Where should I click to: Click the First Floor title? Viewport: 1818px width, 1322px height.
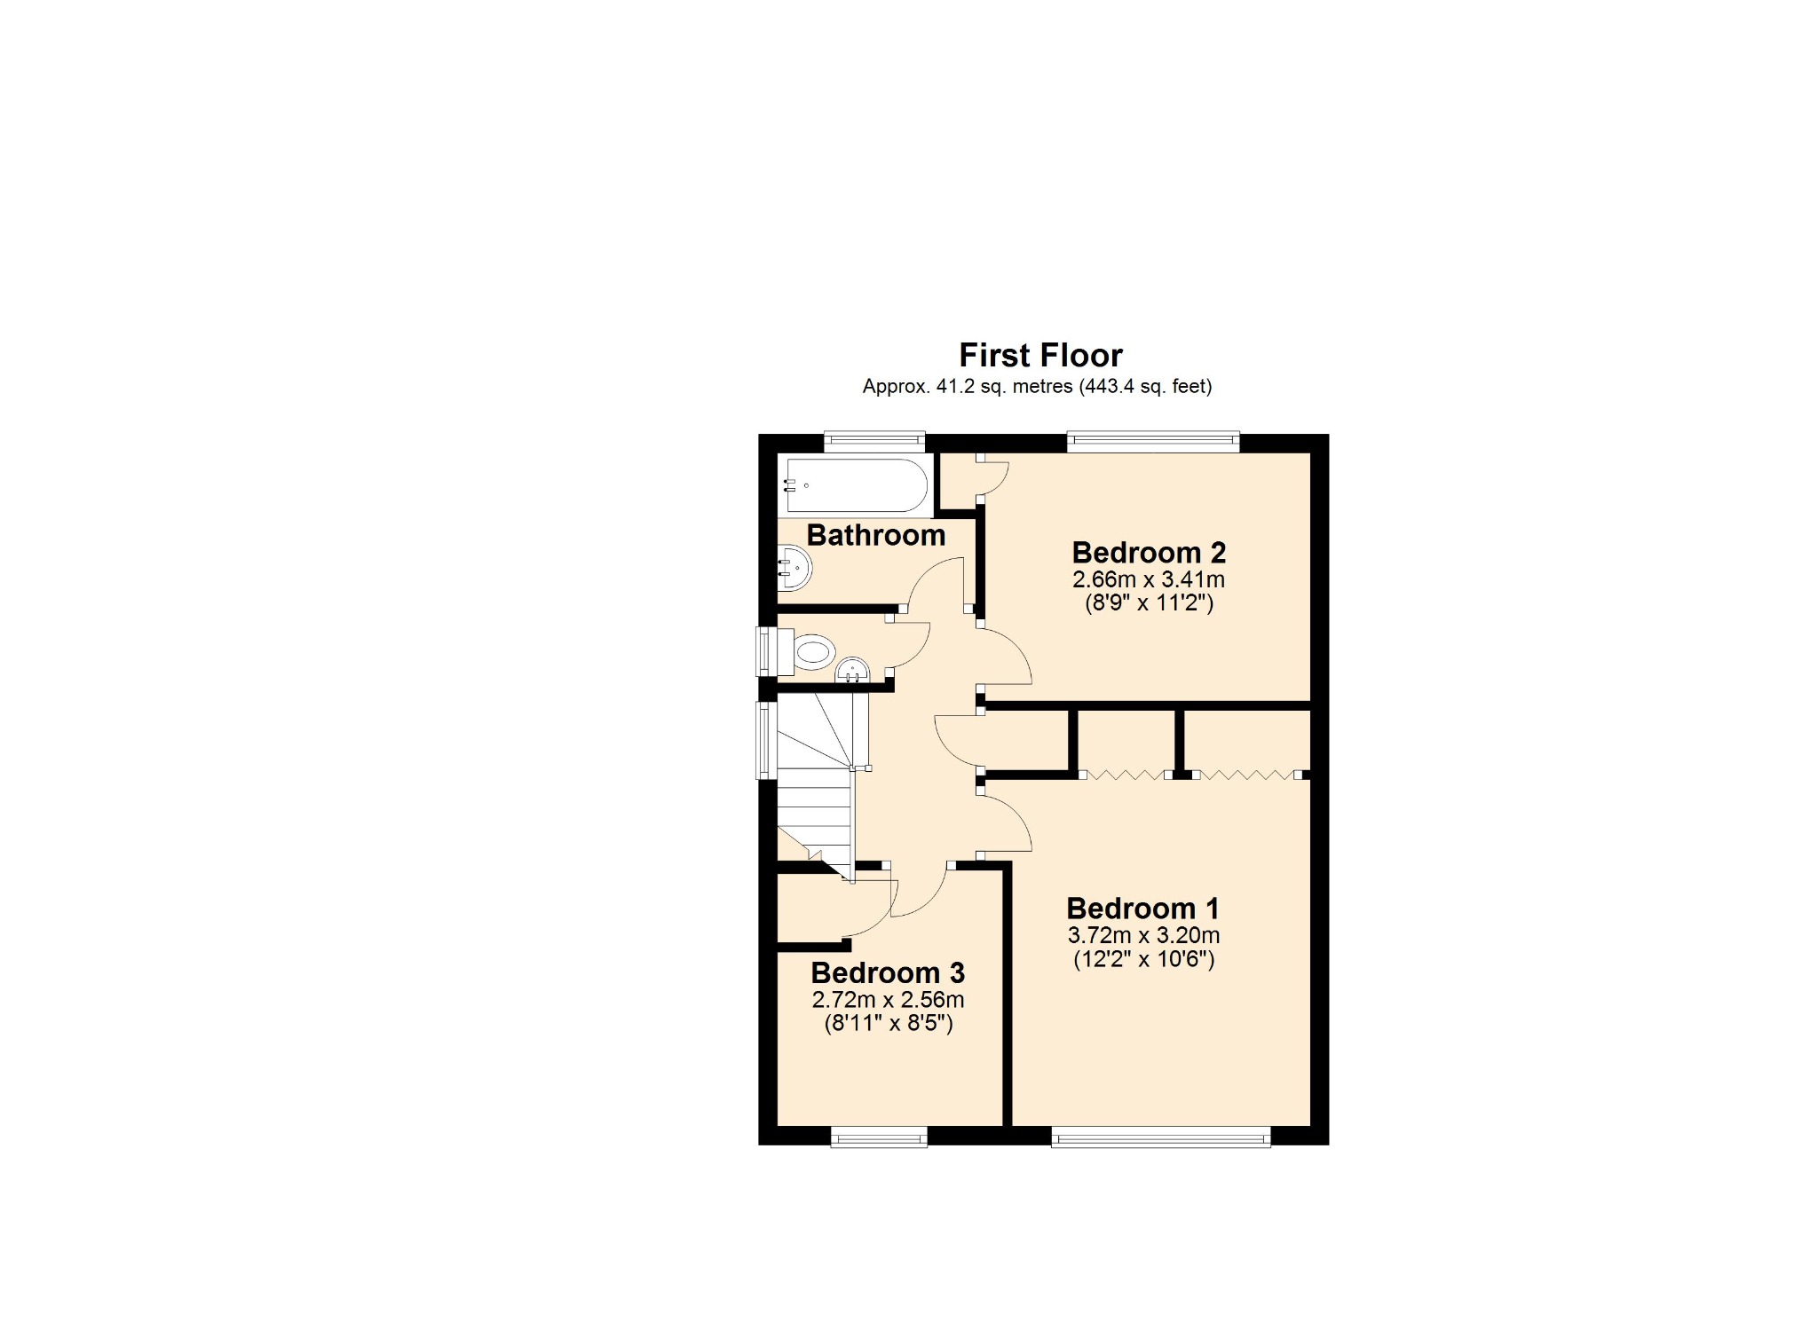pyautogui.click(x=1040, y=356)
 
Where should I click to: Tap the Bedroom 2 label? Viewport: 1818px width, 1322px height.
pyautogui.click(x=1149, y=553)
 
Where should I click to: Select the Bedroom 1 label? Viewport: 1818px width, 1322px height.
pyautogui.click(x=1142, y=909)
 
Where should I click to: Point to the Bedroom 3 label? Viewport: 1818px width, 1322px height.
pyautogui.click(x=888, y=973)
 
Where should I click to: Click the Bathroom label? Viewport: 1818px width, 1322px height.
pyautogui.click(x=875, y=536)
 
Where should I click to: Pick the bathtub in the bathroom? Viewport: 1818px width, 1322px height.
pyautogui.click(x=855, y=485)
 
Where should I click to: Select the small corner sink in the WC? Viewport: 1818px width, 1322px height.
pyautogui.click(x=852, y=671)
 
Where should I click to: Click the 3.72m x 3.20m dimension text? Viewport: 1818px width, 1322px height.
pyautogui.click(x=1143, y=935)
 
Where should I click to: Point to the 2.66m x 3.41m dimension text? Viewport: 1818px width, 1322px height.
pyautogui.click(x=1149, y=580)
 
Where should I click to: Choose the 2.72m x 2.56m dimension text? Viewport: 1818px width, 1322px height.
pyautogui.click(x=888, y=1000)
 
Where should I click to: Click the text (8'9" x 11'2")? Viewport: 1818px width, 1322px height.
pyautogui.click(x=1149, y=603)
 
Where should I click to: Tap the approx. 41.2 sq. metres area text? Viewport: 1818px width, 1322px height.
pyautogui.click(x=1037, y=387)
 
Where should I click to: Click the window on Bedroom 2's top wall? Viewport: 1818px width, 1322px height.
pyautogui.click(x=1152, y=441)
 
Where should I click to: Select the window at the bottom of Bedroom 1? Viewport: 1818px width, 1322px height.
pyautogui.click(x=1160, y=1137)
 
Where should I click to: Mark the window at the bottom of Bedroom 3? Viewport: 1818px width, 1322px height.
pyautogui.click(x=879, y=1137)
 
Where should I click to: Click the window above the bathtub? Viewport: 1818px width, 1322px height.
pyautogui.click(x=874, y=441)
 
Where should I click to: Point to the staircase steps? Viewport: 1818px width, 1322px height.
pyautogui.click(x=814, y=799)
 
